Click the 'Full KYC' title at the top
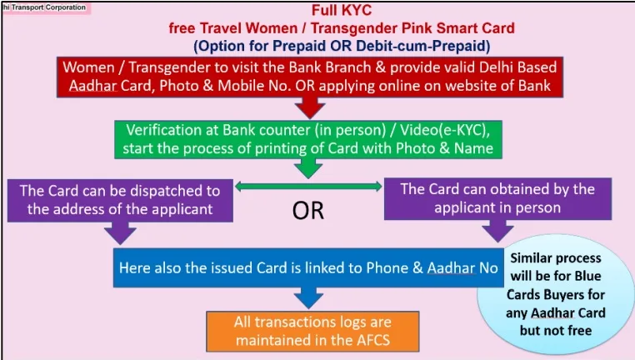(x=341, y=11)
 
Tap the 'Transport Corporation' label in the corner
(x=46, y=7)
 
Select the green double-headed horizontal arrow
(x=309, y=187)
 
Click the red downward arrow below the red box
(x=311, y=107)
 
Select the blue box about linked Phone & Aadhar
(x=307, y=268)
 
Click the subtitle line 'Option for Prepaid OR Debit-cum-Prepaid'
(x=341, y=43)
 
